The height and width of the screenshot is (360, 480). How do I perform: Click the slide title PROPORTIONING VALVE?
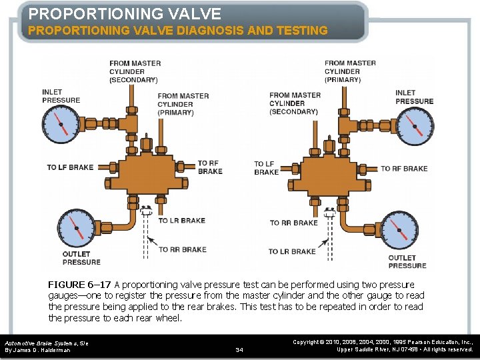[125, 13]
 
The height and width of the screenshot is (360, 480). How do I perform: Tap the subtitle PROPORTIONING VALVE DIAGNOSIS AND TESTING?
[177, 31]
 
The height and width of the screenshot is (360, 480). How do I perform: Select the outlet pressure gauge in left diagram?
[76, 229]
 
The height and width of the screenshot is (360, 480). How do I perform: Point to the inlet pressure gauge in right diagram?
[413, 126]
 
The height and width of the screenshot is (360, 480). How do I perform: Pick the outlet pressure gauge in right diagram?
[397, 231]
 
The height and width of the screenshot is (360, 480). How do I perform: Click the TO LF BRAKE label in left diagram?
[70, 167]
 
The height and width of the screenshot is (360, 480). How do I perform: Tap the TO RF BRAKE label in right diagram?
[404, 169]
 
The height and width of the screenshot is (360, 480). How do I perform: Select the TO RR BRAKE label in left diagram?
[182, 250]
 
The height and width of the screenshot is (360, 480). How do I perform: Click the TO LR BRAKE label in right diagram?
[292, 251]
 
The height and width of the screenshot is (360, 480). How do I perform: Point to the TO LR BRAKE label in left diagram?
[181, 221]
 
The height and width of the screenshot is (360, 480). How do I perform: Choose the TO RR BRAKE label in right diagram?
[293, 223]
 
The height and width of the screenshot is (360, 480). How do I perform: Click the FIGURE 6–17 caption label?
[79, 285]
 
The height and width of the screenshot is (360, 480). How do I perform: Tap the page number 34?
[240, 349]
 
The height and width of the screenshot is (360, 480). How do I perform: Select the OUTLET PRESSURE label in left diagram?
[81, 258]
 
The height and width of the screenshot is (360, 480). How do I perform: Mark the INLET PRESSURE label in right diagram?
[414, 97]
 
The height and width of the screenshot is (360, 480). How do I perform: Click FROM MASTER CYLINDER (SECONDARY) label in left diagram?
[133, 71]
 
